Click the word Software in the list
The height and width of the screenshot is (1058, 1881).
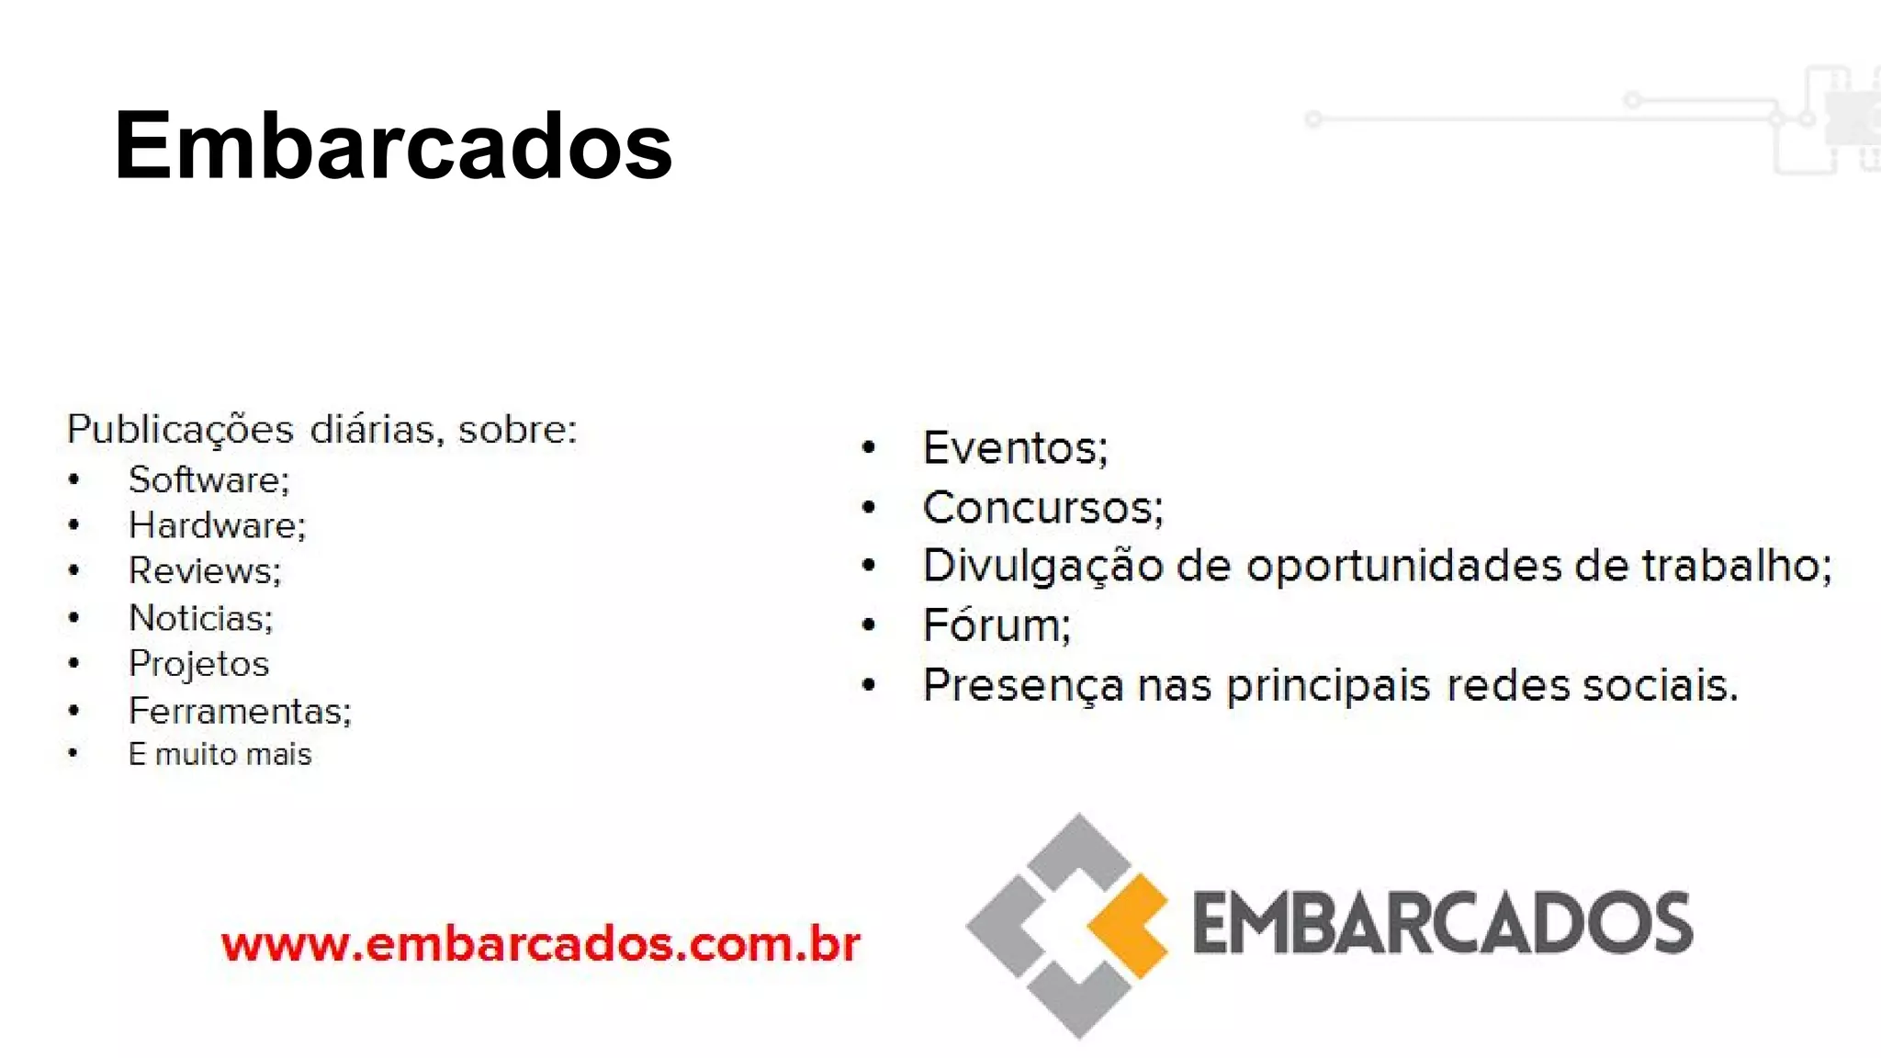[208, 479]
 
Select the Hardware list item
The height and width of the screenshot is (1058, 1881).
[216, 525]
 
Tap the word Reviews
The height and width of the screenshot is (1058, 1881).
[204, 571]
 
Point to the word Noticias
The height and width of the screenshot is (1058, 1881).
[200, 618]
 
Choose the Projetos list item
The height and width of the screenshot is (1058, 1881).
[198, 664]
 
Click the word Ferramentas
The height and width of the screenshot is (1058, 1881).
[239, 711]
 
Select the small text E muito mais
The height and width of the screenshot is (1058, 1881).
[220, 754]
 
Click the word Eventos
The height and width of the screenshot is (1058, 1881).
[1014, 448]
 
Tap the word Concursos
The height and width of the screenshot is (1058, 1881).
[1042, 508]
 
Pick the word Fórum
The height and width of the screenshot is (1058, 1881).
[996, 625]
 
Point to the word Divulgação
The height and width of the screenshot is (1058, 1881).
[1042, 566]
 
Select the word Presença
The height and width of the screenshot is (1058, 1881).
[1022, 686]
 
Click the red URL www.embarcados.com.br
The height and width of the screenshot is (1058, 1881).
[540, 944]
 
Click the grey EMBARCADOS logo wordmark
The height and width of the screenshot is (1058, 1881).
[1442, 923]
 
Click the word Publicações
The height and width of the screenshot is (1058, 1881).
[180, 430]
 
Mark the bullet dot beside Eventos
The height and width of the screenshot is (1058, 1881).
[869, 448]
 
